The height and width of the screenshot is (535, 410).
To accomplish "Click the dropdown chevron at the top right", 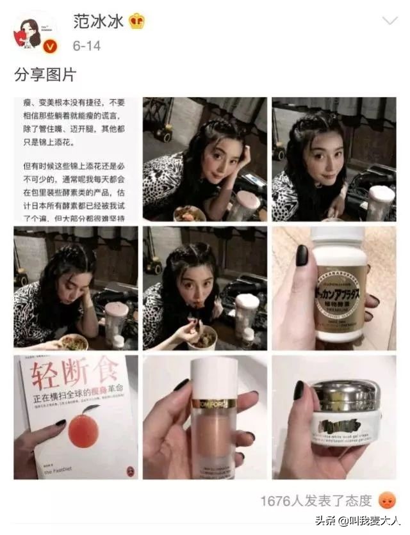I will pyautogui.click(x=389, y=21).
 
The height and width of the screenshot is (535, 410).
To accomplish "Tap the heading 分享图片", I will pyautogui.click(x=45, y=75).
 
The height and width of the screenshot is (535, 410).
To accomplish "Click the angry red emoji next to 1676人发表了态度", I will pyautogui.click(x=387, y=500).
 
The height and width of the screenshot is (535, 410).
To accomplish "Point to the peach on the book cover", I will pyautogui.click(x=83, y=431).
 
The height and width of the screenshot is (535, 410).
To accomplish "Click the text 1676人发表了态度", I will pyautogui.click(x=316, y=500).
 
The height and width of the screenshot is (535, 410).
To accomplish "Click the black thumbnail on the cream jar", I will pyautogui.click(x=299, y=390).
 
